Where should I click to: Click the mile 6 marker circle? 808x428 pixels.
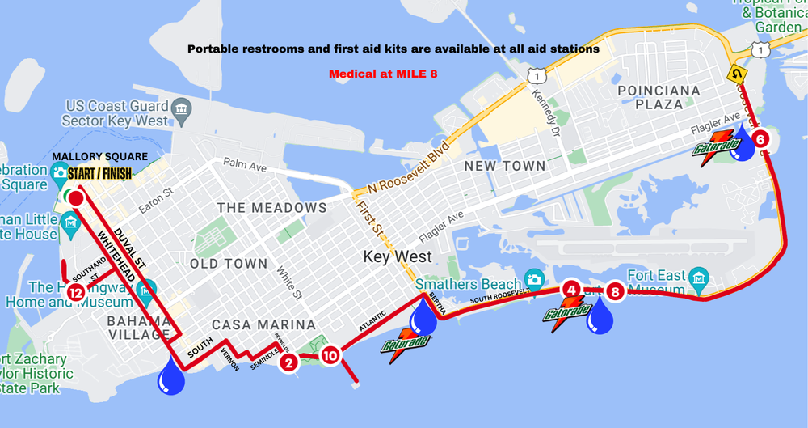760,138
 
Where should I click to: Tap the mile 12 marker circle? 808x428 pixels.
75,292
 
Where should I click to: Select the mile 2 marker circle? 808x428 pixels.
288,362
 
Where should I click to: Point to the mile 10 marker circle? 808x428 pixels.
330,354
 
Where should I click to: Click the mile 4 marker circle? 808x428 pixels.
571,289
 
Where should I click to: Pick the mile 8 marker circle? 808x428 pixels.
615,291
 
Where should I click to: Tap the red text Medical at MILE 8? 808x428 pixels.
383,74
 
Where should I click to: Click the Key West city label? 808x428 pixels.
398,257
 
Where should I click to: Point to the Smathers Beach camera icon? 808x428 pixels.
533,278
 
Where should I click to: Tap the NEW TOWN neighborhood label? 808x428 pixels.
505,165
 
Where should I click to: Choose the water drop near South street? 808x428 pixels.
171,377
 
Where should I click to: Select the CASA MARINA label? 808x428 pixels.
264,324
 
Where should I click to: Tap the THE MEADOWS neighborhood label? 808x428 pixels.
271,208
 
